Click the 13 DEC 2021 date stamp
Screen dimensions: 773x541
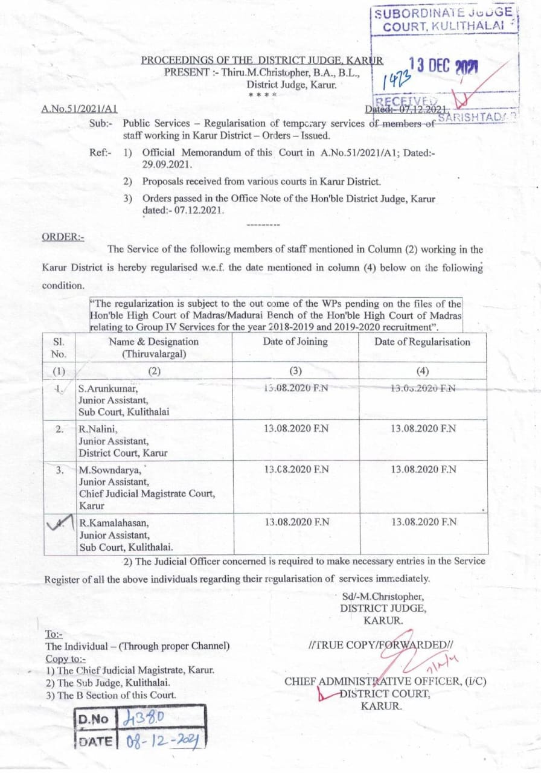(443, 68)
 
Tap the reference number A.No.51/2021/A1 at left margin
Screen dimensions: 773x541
(78, 109)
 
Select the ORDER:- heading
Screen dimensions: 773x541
(63, 237)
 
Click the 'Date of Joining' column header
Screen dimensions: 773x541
(295, 342)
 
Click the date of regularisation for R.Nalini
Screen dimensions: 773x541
(423, 429)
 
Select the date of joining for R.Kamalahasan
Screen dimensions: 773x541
(297, 522)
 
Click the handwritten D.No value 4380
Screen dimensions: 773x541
(143, 718)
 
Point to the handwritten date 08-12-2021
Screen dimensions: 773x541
(162, 740)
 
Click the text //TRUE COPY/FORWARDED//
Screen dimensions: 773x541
(380, 645)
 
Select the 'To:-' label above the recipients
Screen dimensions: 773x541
(54, 634)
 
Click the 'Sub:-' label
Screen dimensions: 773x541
(100, 123)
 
